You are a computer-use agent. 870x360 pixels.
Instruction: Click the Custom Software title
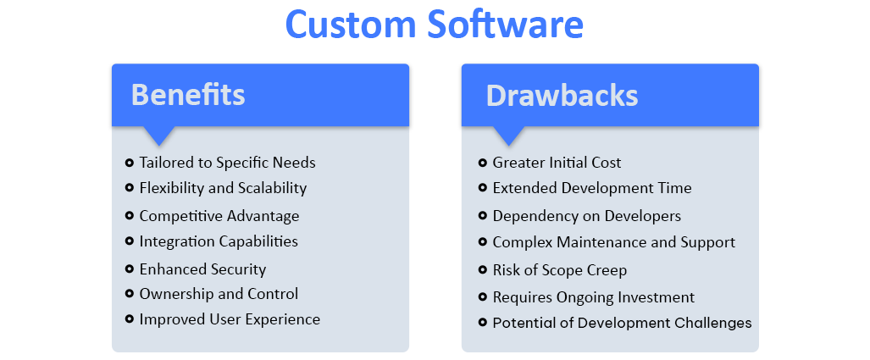pyautogui.click(x=435, y=25)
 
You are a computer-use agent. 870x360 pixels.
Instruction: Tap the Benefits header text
pyautogui.click(x=188, y=95)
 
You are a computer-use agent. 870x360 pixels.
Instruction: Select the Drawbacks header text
pyautogui.click(x=562, y=96)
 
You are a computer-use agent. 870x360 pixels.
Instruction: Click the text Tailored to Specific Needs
pyautogui.click(x=227, y=163)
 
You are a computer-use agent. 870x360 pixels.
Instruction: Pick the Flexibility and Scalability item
pyautogui.click(x=223, y=188)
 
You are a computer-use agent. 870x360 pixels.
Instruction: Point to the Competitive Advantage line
pyautogui.click(x=219, y=216)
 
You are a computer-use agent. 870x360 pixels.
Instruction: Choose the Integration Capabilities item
pyautogui.click(x=219, y=241)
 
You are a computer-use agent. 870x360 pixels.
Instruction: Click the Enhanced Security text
pyautogui.click(x=202, y=269)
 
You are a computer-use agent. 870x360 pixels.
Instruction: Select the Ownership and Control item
pyautogui.click(x=219, y=294)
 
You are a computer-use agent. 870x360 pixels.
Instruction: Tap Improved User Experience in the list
pyautogui.click(x=230, y=319)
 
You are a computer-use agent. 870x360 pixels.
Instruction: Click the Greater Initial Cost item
pyautogui.click(x=557, y=163)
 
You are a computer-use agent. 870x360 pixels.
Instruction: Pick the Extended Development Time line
pyautogui.click(x=591, y=188)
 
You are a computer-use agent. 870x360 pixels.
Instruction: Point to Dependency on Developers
pyautogui.click(x=586, y=216)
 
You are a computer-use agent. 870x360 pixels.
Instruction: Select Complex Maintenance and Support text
pyautogui.click(x=613, y=242)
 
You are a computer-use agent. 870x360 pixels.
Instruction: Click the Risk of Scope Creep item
pyautogui.click(x=559, y=271)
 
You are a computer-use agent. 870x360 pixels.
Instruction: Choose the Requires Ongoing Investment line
pyautogui.click(x=593, y=297)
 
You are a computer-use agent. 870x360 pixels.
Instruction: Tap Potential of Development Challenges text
pyautogui.click(x=622, y=323)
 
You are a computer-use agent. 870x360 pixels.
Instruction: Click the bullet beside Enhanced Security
pyautogui.click(x=130, y=269)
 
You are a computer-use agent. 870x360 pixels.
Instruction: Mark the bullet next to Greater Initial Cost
pyautogui.click(x=482, y=163)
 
